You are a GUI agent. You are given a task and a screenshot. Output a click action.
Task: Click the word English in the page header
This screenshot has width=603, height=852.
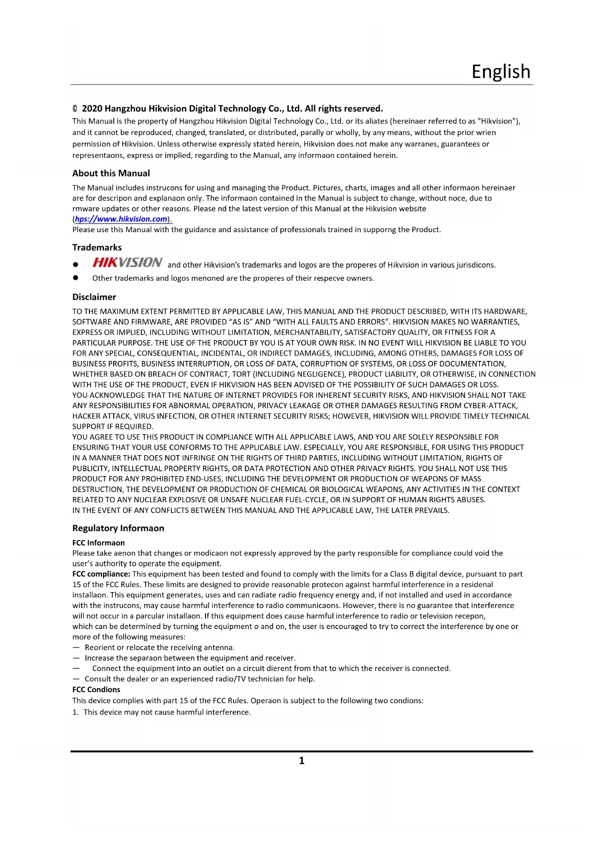(500, 71)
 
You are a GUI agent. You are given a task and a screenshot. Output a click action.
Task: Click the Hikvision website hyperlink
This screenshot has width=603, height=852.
(121, 219)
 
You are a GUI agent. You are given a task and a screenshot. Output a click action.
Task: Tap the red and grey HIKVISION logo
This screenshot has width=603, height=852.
(127, 263)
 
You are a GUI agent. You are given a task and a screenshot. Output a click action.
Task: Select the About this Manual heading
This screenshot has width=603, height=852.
(111, 173)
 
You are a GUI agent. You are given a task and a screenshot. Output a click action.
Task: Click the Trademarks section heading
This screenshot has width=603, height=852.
(97, 248)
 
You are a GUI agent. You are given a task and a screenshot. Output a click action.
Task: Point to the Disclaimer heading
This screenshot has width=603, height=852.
(94, 297)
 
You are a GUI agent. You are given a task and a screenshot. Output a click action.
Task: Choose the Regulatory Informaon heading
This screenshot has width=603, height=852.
(118, 528)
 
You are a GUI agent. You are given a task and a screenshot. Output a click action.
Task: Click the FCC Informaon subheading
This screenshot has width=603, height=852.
(98, 543)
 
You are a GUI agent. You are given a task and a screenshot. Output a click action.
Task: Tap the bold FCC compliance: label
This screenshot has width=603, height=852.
(101, 574)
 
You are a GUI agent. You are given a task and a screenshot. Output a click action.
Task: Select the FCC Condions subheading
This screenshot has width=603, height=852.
(96, 690)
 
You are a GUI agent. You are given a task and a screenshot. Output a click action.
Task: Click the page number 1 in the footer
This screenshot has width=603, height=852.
(302, 761)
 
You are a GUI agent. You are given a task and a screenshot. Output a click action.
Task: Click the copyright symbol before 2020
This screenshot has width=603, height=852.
(75, 109)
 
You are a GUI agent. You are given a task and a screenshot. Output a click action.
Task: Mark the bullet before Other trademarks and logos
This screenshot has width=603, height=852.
(75, 278)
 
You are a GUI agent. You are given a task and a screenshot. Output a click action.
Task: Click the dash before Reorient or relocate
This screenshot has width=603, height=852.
(76, 648)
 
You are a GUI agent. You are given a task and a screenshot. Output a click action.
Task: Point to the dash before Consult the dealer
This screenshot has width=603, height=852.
(76, 679)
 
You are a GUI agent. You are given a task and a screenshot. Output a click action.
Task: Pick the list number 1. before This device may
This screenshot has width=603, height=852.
(75, 713)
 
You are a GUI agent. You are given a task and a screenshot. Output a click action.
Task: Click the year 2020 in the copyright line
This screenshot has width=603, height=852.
(92, 109)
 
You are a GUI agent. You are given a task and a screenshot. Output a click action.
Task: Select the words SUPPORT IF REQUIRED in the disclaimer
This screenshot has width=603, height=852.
(113, 426)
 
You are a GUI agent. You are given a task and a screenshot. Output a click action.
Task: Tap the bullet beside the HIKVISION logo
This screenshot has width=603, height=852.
(75, 265)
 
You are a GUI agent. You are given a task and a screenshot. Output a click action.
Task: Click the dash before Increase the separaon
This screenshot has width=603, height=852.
(76, 658)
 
